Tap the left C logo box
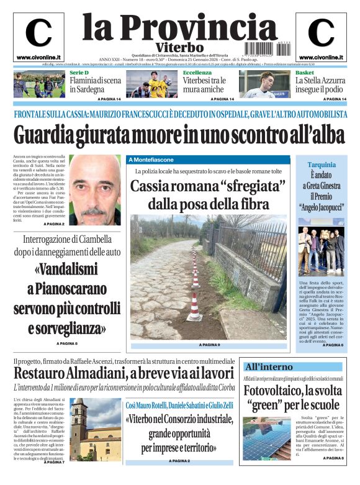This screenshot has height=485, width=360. click(38, 36)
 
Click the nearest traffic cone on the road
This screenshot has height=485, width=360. click(194, 309)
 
